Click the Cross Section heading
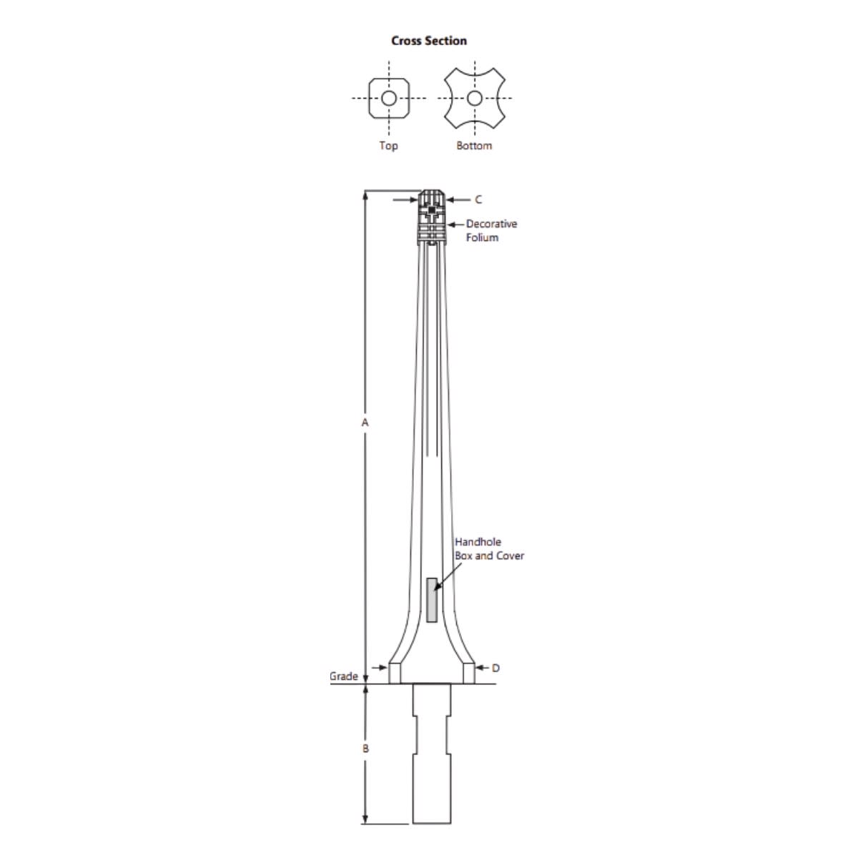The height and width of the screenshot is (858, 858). click(429, 41)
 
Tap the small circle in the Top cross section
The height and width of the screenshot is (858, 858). click(389, 98)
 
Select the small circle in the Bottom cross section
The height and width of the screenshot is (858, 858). click(475, 98)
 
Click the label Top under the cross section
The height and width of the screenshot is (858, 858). click(388, 146)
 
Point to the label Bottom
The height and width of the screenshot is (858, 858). click(474, 146)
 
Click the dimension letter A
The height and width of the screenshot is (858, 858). click(365, 422)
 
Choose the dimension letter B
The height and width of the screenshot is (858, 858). click(365, 749)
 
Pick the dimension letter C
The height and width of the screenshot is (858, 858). click(478, 199)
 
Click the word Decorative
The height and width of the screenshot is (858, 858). click(491, 224)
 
